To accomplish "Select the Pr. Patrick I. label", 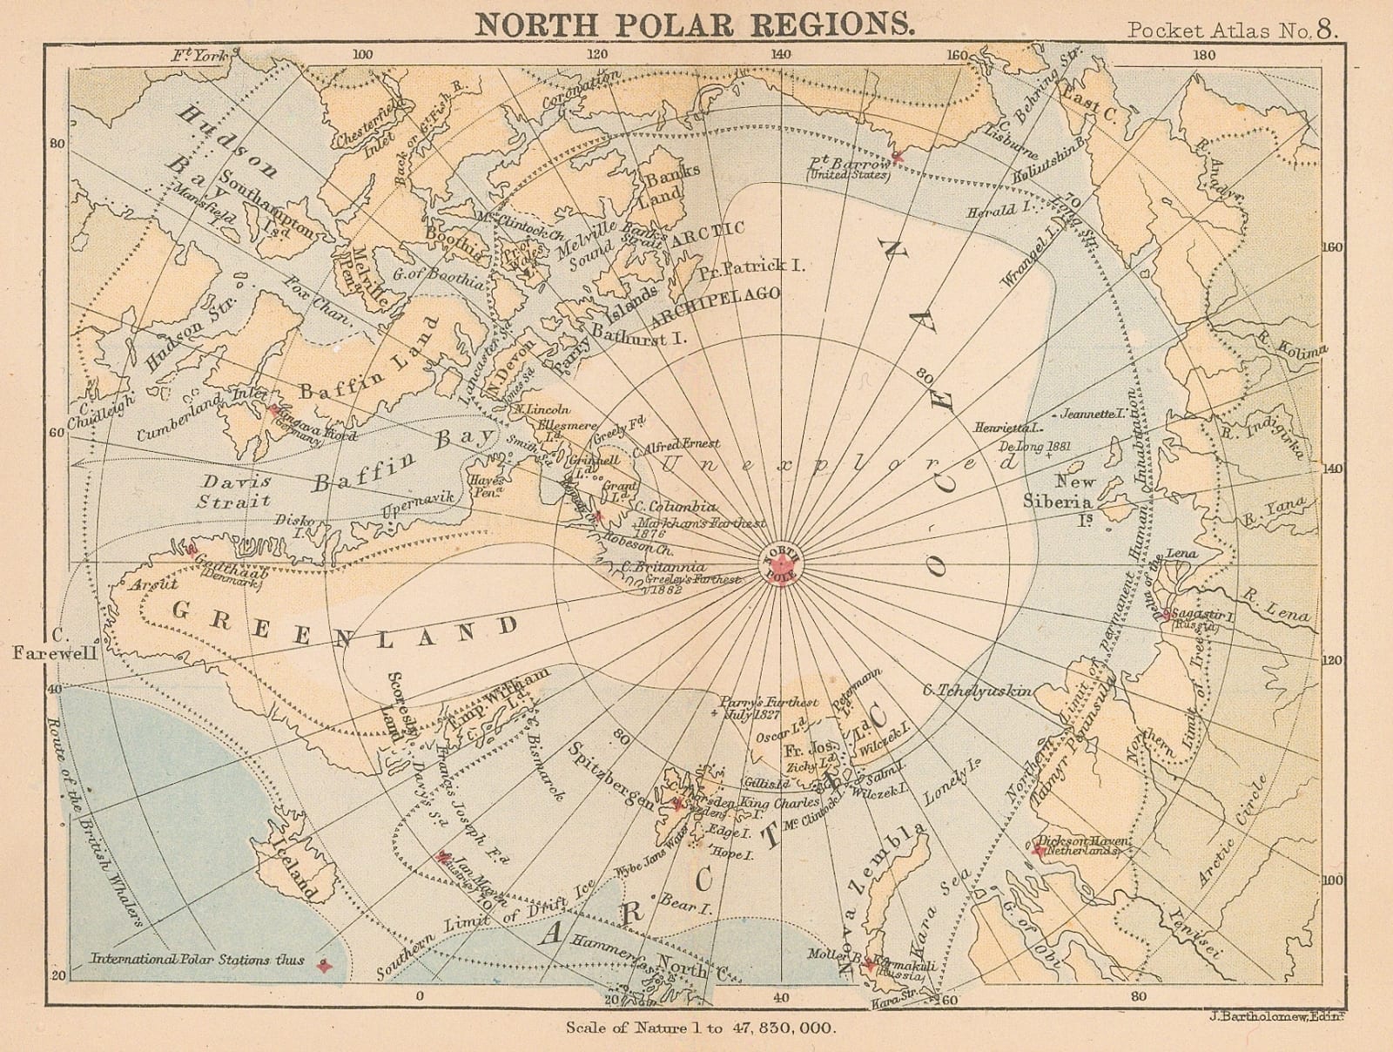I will click(751, 267).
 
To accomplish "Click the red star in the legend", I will click(324, 966).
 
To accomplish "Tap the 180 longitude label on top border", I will click(1205, 55).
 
